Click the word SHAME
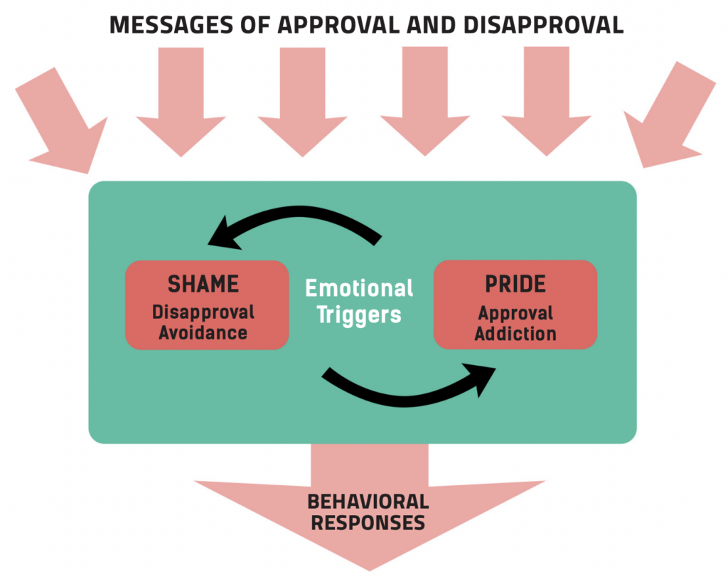(203, 285)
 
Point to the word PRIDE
(515, 285)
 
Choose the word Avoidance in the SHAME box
(203, 332)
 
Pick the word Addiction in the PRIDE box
(515, 333)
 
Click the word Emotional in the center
(359, 288)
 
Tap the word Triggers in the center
(359, 314)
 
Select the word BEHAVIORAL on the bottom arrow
(368, 502)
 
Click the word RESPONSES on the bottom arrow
(368, 523)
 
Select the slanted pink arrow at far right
(668, 117)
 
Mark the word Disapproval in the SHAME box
(203, 312)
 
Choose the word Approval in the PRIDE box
(515, 313)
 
